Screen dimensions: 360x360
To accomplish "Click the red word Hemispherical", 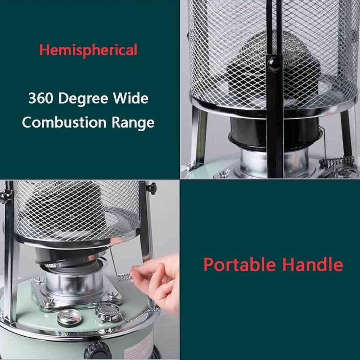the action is point(88,50).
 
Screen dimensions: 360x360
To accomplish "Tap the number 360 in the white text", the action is point(41,98).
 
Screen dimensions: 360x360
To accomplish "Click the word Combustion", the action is point(64,122).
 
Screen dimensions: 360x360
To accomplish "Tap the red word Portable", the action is point(240,264).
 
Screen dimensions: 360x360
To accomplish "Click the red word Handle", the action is point(313,264).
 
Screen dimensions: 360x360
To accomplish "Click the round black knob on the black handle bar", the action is point(274,64).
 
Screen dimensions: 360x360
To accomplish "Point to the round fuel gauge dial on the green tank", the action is point(68,317).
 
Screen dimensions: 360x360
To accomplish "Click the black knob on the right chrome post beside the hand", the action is point(151,188).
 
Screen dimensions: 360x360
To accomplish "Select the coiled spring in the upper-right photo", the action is point(337,161).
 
